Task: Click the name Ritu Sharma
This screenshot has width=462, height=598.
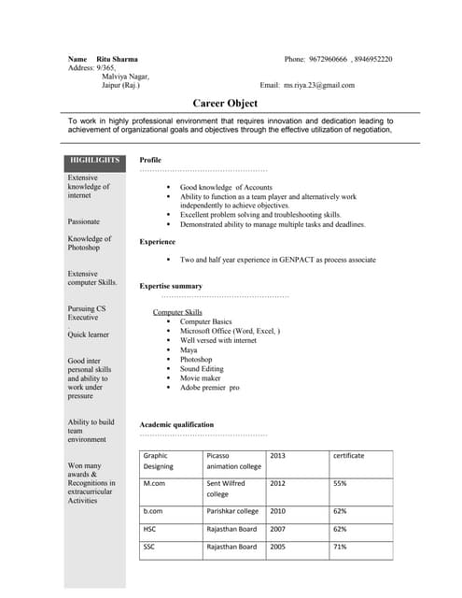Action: [117, 59]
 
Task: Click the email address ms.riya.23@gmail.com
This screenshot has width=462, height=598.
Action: [320, 85]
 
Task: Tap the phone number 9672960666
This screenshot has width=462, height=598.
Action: [329, 59]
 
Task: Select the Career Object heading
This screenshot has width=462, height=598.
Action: [225, 103]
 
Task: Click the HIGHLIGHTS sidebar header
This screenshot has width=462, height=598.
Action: [94, 160]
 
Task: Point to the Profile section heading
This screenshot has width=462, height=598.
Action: [150, 160]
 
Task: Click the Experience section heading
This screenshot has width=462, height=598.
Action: [158, 241]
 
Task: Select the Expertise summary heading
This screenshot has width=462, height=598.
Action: [171, 285]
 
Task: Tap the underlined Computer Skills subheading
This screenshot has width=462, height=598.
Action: [177, 312]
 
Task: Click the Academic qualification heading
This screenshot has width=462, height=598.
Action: [176, 424]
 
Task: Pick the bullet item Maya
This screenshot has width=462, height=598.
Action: [189, 349]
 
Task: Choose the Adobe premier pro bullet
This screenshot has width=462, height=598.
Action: [209, 387]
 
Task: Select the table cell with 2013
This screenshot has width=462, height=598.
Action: [277, 455]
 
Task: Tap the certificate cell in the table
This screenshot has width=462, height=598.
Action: [348, 455]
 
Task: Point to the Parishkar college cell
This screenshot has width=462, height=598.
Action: [232, 511]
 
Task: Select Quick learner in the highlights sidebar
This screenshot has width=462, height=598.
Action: [88, 335]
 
